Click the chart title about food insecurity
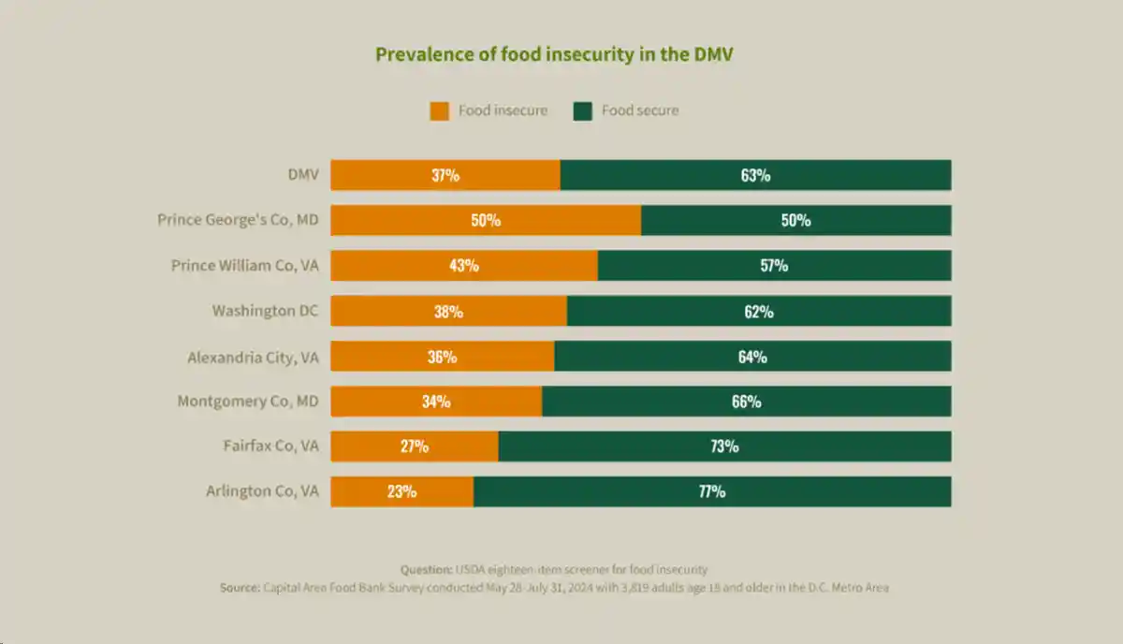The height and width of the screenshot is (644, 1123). point(554,54)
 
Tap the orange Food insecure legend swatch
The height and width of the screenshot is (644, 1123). point(439,110)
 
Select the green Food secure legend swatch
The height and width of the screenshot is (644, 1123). point(583,110)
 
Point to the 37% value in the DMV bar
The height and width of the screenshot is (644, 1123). point(445,175)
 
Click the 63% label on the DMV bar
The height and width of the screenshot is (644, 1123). point(755,175)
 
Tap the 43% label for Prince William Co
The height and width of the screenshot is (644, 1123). point(463,265)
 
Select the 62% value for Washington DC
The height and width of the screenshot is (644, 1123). point(759,311)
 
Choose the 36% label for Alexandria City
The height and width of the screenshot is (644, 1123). point(442,357)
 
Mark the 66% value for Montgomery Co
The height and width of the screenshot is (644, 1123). point(746,402)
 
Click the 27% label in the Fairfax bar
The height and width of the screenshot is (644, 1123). point(415,446)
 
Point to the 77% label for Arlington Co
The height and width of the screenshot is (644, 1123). point(711,491)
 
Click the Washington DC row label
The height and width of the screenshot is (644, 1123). point(265,311)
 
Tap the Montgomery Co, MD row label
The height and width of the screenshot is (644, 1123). point(248,402)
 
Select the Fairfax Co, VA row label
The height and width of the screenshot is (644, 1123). point(270,446)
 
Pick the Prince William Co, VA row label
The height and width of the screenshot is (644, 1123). point(244,266)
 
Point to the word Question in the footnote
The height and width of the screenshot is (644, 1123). point(426,569)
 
